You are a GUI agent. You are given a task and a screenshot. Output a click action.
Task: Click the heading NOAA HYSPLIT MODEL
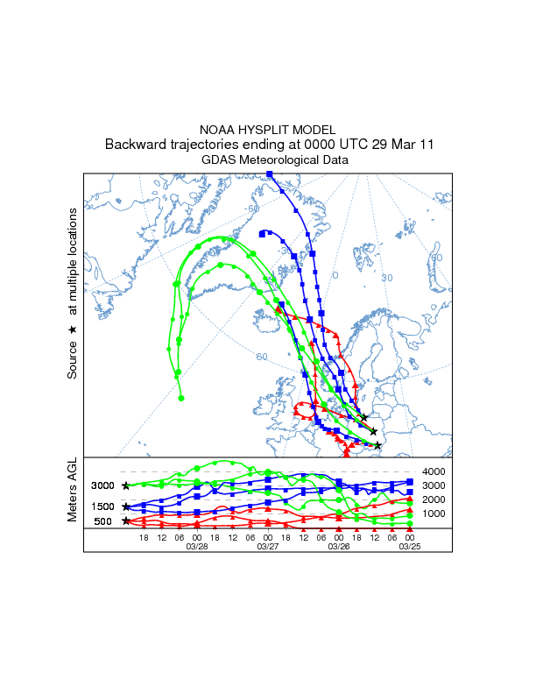tap(268, 129)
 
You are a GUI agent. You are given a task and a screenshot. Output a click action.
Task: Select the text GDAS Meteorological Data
tap(268, 160)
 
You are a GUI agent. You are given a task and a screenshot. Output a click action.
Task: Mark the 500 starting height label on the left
tap(102, 521)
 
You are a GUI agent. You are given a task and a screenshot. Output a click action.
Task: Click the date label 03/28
tap(197, 546)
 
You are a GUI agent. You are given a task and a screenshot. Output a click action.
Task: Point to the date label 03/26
tap(339, 546)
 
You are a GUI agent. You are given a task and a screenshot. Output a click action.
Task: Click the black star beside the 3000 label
tap(126, 485)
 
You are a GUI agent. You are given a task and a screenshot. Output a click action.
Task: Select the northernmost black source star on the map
tap(363, 418)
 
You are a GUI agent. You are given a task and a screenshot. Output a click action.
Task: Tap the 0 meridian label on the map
tap(334, 275)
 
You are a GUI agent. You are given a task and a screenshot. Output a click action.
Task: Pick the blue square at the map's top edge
tap(270, 174)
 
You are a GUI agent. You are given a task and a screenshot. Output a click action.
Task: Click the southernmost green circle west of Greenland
tap(181, 398)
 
